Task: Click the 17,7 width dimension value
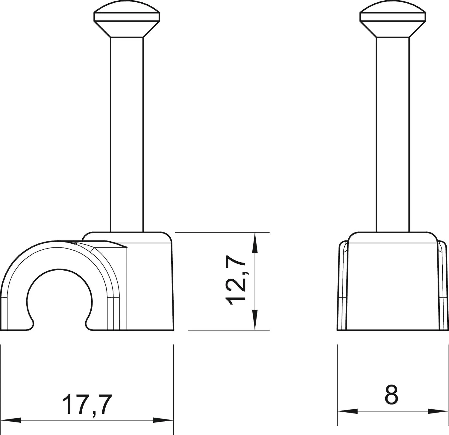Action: click(87, 404)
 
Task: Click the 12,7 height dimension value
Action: click(236, 283)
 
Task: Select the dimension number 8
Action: click(392, 395)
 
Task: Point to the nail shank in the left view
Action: click(127, 134)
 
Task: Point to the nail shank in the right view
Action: click(392, 134)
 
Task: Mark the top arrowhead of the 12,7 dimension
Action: click(254, 242)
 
